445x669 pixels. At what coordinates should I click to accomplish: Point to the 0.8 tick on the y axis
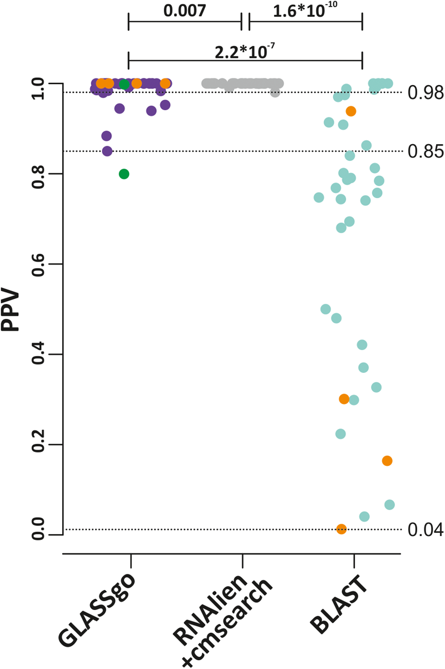[39, 174]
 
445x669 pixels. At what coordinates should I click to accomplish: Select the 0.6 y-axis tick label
[39, 264]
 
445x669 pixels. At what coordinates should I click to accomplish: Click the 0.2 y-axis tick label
[39, 445]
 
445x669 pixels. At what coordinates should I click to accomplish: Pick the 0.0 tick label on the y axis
[39, 535]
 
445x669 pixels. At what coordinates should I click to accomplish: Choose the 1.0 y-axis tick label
[39, 83]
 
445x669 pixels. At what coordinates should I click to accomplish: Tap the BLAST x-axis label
[339, 604]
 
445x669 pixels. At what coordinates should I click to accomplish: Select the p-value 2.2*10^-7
[245, 52]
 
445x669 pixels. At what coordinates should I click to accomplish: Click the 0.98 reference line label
[426, 92]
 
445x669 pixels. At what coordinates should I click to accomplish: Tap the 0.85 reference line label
[426, 151]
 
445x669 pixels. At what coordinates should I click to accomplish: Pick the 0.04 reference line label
[426, 529]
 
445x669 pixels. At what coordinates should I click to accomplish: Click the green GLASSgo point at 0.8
[124, 174]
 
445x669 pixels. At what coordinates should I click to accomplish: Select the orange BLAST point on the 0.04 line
[342, 529]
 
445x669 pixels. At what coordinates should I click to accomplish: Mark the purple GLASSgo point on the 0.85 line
[107, 151]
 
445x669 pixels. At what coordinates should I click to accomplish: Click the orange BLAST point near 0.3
[344, 399]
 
